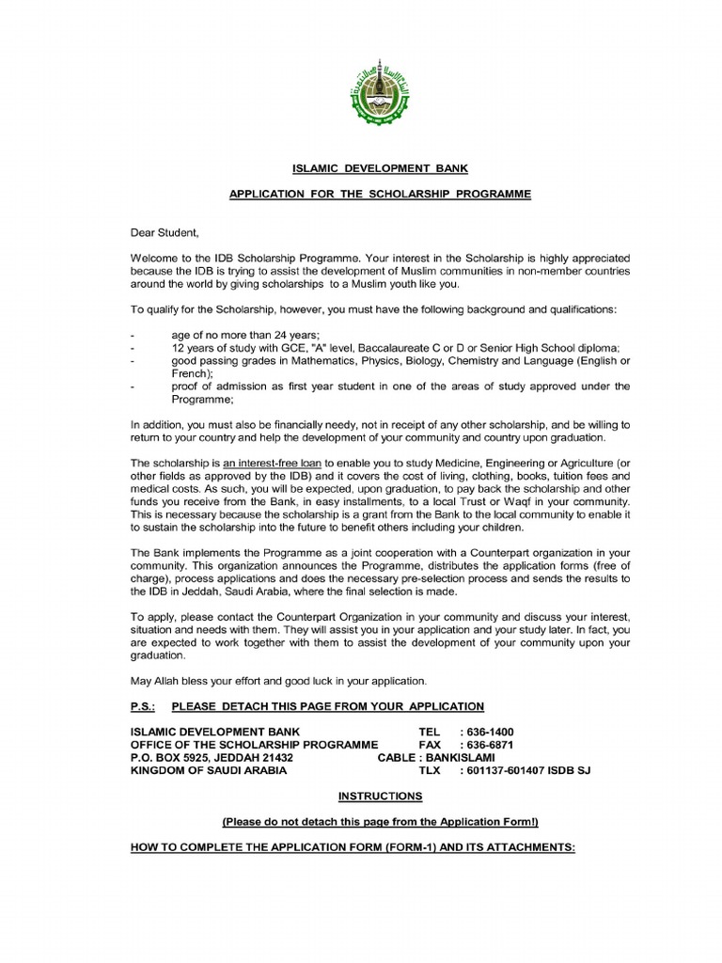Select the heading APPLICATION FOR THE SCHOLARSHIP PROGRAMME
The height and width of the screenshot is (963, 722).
pyautogui.click(x=381, y=195)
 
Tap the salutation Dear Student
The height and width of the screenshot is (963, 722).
pyautogui.click(x=165, y=231)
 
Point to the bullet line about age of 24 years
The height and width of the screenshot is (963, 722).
pyautogui.click(x=245, y=335)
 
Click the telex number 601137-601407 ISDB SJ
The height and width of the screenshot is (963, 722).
pyautogui.click(x=526, y=771)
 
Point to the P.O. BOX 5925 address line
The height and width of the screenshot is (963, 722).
pyautogui.click(x=212, y=758)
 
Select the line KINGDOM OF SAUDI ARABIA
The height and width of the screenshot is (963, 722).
pyautogui.click(x=208, y=771)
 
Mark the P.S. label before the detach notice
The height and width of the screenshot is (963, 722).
pyautogui.click(x=144, y=706)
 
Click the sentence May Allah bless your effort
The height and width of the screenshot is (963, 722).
pyautogui.click(x=278, y=680)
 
